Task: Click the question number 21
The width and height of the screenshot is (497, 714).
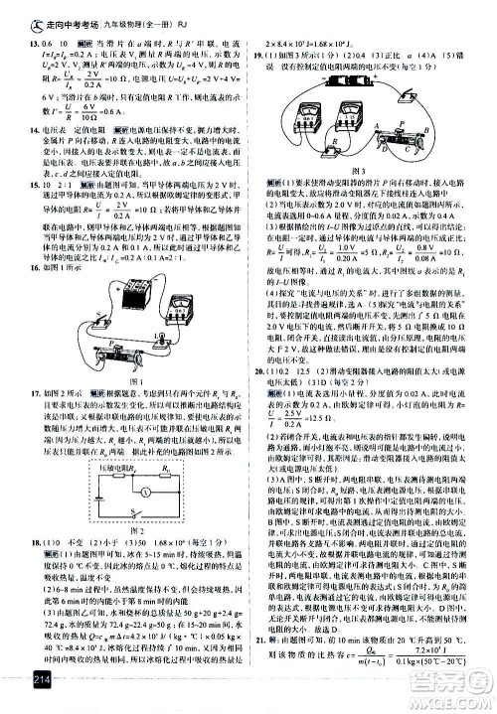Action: (259, 668)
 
